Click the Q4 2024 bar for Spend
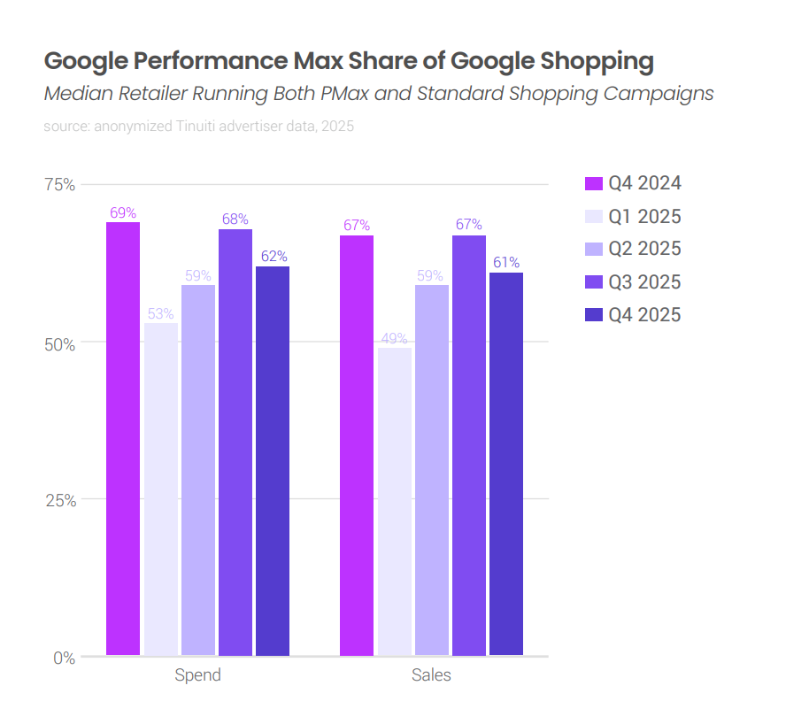tap(123, 438)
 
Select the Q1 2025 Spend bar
tap(161, 489)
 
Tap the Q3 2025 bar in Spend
tap(235, 442)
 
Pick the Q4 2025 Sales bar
tap(506, 464)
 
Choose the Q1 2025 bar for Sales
tap(395, 501)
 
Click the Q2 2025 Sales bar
tap(432, 470)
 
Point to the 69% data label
tap(123, 212)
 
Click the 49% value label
tap(395, 338)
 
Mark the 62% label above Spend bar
tap(274, 257)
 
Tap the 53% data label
tap(161, 313)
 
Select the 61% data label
tap(506, 263)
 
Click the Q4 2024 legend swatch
tap(594, 184)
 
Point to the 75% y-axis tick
tap(60, 184)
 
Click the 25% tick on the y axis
tap(60, 499)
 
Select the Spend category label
tap(197, 675)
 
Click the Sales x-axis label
tap(431, 675)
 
